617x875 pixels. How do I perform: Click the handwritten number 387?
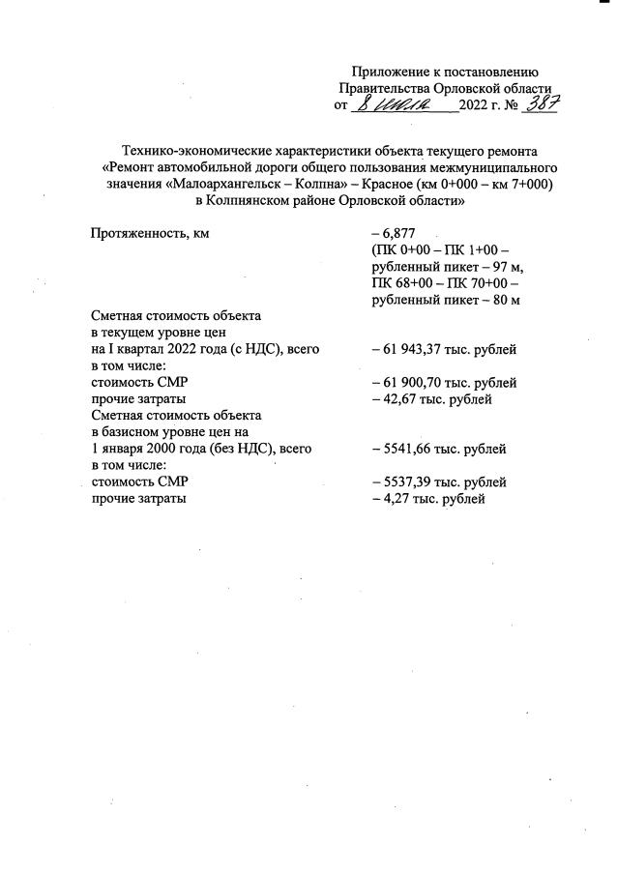pos(538,103)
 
